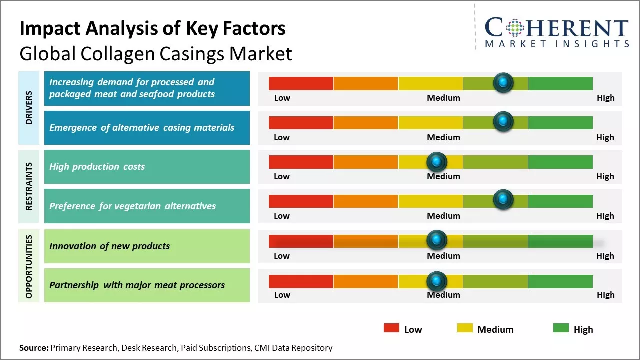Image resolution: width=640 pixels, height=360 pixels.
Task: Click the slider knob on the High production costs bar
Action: click(437, 162)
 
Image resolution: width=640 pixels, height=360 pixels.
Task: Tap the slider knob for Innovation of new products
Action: click(437, 240)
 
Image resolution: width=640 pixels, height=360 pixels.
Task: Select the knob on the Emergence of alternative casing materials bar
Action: click(503, 121)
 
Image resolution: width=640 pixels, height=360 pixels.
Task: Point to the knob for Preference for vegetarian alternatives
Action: click(503, 200)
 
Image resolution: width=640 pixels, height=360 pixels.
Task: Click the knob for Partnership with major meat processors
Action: click(437, 281)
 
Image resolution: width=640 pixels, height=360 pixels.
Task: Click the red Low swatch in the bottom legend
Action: click(391, 328)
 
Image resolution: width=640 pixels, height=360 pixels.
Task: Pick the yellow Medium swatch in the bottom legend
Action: click(465, 328)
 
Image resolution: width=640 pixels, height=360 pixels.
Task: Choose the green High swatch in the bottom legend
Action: click(561, 328)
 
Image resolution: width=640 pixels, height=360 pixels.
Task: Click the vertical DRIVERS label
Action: click(29, 107)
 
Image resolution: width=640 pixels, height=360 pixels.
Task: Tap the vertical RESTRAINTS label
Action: click(29, 186)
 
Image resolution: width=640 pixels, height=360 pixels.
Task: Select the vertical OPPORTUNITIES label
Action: click(29, 266)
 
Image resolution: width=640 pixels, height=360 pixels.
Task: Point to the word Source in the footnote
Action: click(34, 348)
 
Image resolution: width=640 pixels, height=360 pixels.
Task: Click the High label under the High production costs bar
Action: click(605, 176)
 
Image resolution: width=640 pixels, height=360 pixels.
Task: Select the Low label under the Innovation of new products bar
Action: click(282, 256)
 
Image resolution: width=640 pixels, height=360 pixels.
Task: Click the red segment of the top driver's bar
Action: click(301, 83)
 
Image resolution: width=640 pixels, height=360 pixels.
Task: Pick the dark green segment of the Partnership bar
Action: click(560, 281)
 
